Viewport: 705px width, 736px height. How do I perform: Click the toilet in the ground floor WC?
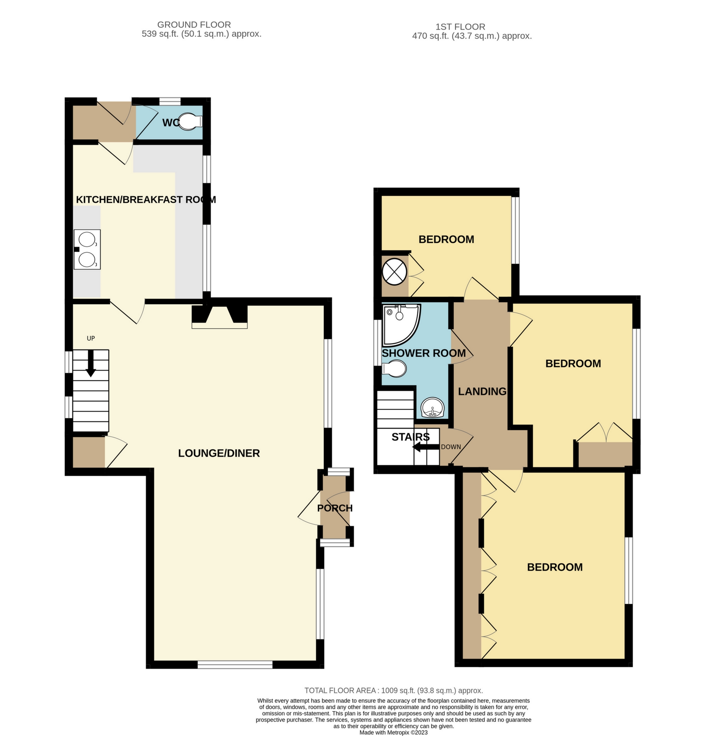pyautogui.click(x=191, y=122)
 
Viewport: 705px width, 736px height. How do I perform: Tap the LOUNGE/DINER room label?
pyautogui.click(x=219, y=453)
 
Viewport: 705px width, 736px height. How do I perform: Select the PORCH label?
pyautogui.click(x=335, y=508)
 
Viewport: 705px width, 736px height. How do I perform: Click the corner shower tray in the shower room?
pyautogui.click(x=400, y=324)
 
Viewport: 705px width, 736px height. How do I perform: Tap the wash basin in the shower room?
pyautogui.click(x=432, y=407)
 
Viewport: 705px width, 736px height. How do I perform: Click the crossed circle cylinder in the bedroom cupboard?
pyautogui.click(x=394, y=270)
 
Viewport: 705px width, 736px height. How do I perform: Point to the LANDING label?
pyautogui.click(x=482, y=392)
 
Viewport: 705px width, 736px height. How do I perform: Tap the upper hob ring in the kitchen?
pyautogui.click(x=87, y=239)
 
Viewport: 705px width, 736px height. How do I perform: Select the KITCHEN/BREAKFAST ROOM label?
pyautogui.click(x=146, y=199)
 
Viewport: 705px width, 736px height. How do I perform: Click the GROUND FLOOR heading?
pyautogui.click(x=194, y=25)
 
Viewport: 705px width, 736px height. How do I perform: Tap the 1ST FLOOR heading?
pyautogui.click(x=460, y=27)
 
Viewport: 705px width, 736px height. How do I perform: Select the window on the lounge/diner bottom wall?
pyautogui.click(x=235, y=665)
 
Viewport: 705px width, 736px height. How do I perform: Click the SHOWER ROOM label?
pyautogui.click(x=424, y=353)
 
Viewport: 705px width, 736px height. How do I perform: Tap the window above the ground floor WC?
pyautogui.click(x=170, y=101)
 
